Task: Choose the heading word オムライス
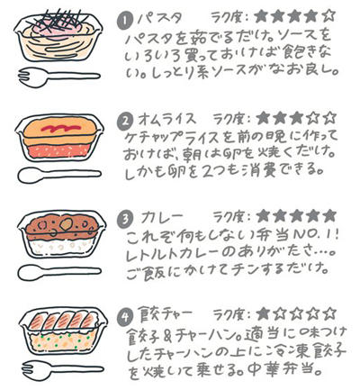click(170, 119)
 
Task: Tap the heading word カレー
click(160, 216)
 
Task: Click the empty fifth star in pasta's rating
click(330, 15)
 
